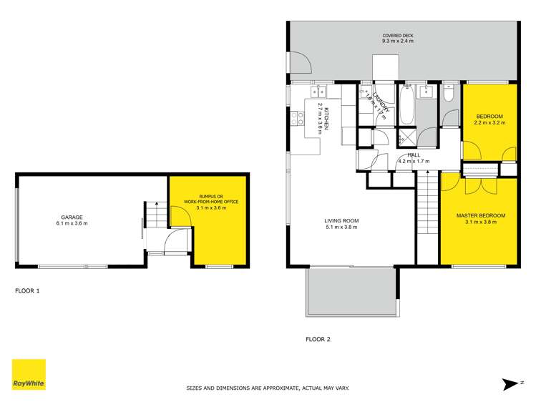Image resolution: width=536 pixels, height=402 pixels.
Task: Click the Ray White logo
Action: [x=29, y=374]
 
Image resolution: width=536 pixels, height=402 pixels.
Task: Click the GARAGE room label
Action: [x=72, y=217]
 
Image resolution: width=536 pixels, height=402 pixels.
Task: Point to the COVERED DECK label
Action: [x=397, y=35]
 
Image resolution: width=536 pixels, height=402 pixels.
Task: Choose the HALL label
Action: [x=414, y=155]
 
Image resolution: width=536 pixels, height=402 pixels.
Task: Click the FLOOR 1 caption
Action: [x=28, y=291]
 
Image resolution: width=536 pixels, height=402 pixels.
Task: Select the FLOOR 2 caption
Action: [x=318, y=339]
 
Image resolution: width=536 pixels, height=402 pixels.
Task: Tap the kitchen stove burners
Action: [x=295, y=118]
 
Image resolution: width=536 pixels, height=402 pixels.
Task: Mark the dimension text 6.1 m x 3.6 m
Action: [x=72, y=224]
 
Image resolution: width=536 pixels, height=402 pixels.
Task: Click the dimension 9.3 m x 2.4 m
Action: [x=397, y=41]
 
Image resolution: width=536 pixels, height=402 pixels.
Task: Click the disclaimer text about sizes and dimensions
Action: [x=268, y=388]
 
